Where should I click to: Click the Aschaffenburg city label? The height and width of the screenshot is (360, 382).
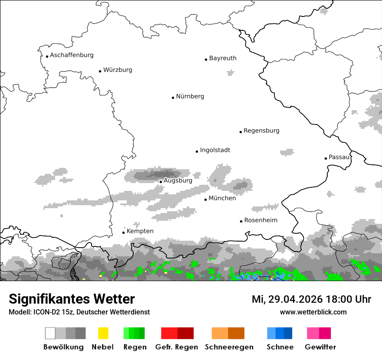coord(72,55)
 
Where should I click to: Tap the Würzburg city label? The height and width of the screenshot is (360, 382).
coord(118,70)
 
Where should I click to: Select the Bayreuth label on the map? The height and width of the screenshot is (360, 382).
coord(223,58)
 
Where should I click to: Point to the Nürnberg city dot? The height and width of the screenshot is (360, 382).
coord(173,98)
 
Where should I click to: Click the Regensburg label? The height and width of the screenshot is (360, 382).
coord(261,131)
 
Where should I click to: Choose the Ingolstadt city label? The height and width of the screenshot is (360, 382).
coord(215,150)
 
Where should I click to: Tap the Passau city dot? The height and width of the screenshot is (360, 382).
coord(326,158)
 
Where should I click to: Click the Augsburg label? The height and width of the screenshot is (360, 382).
coord(178,180)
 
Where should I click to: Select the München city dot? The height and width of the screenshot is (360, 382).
coord(205,200)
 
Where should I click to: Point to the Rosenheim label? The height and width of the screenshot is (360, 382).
coord(260,220)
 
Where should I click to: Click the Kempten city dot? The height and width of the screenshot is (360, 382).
coord(123,232)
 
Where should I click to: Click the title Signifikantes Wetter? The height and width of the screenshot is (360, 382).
coord(72,299)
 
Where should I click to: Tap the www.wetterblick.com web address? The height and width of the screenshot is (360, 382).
coord(313,312)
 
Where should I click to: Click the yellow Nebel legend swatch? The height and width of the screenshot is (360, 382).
coord(103,333)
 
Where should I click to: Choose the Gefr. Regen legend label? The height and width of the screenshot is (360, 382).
coord(177,347)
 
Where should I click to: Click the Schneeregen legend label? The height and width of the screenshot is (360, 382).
coord(229,347)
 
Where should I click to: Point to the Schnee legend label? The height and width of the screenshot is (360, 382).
coord(280,347)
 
